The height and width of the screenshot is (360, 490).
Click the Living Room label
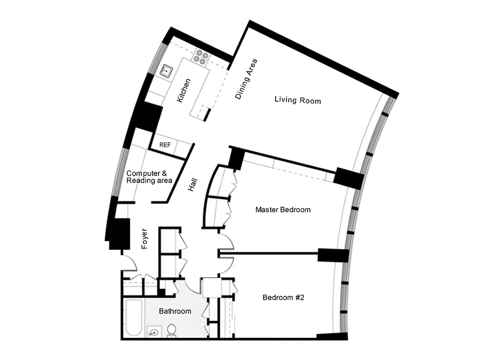[x=298, y=100]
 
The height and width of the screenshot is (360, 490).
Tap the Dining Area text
[x=246, y=79]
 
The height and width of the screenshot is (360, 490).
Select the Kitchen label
[x=184, y=90]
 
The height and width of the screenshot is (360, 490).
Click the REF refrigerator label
[x=165, y=145]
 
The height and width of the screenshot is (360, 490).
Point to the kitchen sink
[x=167, y=70]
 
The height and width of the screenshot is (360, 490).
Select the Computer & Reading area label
[x=149, y=177]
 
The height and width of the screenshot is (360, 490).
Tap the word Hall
[x=193, y=185]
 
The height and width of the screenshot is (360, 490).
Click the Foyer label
[x=145, y=239]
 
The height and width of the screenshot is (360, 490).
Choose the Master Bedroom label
[x=283, y=210]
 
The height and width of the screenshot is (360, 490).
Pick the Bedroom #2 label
[x=284, y=297]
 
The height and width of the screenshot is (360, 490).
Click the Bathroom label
[x=175, y=311]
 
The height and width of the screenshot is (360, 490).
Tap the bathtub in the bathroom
[x=133, y=318]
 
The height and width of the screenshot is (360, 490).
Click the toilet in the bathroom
[x=172, y=331]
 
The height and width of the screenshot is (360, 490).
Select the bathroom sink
[x=154, y=333]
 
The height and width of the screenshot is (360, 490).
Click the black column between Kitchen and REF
[x=149, y=118]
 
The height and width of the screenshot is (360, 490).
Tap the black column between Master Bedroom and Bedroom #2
[x=333, y=255]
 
